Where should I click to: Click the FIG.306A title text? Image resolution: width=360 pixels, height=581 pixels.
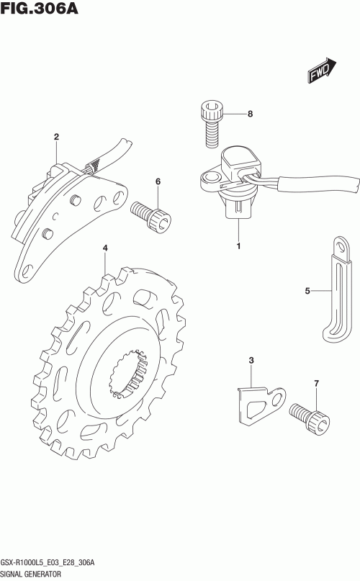coord(40,9)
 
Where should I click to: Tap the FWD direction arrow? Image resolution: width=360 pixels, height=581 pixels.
coord(321,70)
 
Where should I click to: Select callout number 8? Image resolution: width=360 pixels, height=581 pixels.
coord(251,114)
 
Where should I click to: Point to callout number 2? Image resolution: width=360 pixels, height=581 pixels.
coord(56,137)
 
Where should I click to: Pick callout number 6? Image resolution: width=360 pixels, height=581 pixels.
coord(158,181)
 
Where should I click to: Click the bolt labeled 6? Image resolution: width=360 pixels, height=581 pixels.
coord(151,217)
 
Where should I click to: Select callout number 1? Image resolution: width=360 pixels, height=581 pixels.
coord(239,246)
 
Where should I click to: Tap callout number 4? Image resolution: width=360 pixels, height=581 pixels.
coord(105,248)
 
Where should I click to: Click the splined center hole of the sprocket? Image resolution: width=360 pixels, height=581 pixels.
coord(128,374)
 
